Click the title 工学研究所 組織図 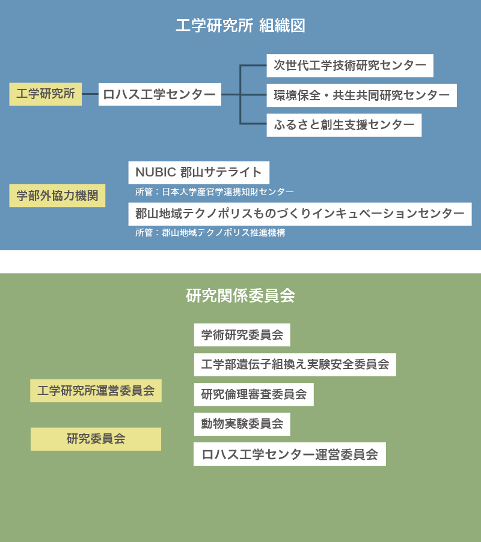pos(240,26)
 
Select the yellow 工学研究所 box pos(45,94)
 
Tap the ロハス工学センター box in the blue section pos(160,94)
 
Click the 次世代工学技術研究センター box pos(350,65)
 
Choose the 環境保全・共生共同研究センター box pos(361,95)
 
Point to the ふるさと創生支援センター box pos(344,125)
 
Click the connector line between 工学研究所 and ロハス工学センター pos(90,94)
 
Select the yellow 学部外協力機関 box pos(57,196)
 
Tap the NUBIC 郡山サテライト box pos(199,172)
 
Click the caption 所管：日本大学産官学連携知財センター pos(215,192)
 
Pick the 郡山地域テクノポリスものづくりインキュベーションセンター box pos(300,214)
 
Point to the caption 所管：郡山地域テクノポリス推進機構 pos(210,233)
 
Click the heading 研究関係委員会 pos(240,295)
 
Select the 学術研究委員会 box pos(242,335)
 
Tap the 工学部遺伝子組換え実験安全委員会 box pos(295,365)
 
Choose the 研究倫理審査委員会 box pos(254,394)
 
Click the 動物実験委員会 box pos(242,424)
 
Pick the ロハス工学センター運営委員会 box pos(289,454)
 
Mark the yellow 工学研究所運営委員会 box pos(96,391)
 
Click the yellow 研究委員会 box pos(96,439)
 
